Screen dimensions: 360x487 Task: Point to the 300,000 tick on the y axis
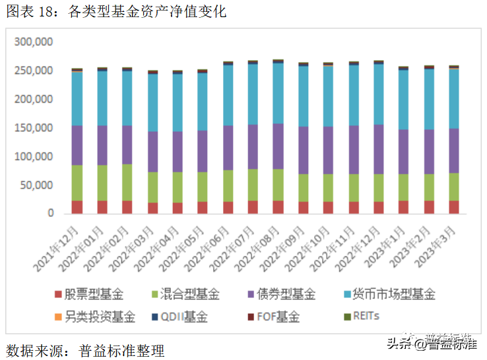33,42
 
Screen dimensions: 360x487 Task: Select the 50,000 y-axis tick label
36,185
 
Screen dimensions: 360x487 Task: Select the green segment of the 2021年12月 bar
77,183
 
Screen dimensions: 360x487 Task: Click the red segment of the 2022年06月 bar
228,207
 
